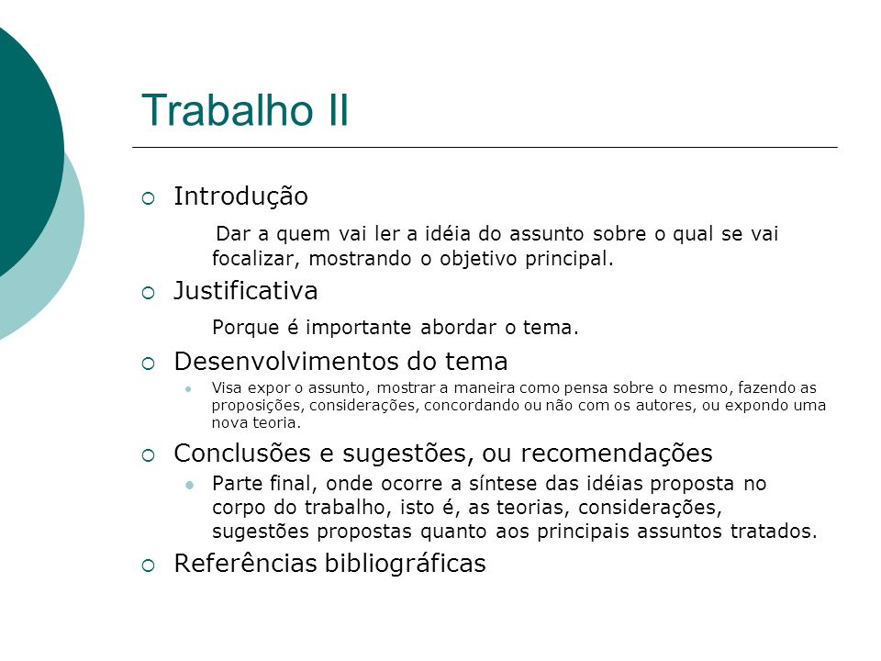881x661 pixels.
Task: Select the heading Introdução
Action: point(241,197)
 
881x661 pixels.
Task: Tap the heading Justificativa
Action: point(246,291)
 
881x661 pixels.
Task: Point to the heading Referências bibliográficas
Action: point(329,564)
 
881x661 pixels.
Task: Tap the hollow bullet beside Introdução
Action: point(149,198)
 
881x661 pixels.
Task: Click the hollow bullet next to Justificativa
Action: point(149,293)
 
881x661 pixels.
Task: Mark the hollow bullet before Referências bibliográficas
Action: point(149,566)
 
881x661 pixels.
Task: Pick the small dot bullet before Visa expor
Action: point(189,388)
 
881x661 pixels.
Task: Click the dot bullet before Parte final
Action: point(189,484)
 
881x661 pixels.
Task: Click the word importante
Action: point(359,328)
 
